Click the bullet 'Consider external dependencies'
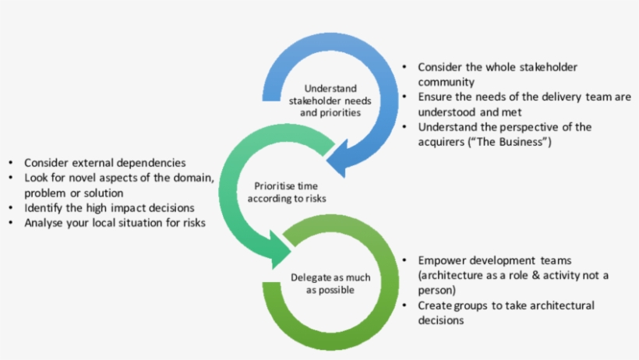104,163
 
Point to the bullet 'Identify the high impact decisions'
108,208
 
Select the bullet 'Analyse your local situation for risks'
115,224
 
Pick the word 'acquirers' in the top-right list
443,142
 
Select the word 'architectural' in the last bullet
559,305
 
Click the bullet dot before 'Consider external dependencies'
10,164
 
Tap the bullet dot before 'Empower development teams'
404,261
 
